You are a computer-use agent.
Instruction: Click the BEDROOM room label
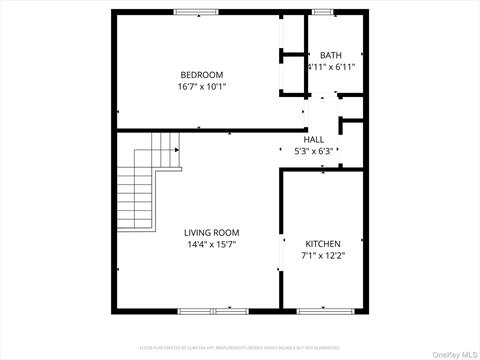click(x=201, y=75)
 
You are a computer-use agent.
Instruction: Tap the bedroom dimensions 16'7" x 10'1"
click(x=201, y=87)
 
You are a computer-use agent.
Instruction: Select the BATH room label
click(x=330, y=55)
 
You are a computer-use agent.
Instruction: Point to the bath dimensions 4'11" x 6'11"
click(x=330, y=67)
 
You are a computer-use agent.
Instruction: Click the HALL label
click(x=314, y=140)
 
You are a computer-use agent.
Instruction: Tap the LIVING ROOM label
click(x=210, y=233)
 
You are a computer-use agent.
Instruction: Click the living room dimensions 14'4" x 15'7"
click(x=210, y=245)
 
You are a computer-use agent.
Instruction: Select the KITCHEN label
click(x=323, y=244)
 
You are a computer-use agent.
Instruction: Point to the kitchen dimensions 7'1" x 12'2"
click(x=323, y=256)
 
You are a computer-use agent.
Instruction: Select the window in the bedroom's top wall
click(x=196, y=12)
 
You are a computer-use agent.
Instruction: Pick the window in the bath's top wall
click(x=324, y=12)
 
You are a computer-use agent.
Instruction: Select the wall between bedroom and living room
click(x=200, y=130)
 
